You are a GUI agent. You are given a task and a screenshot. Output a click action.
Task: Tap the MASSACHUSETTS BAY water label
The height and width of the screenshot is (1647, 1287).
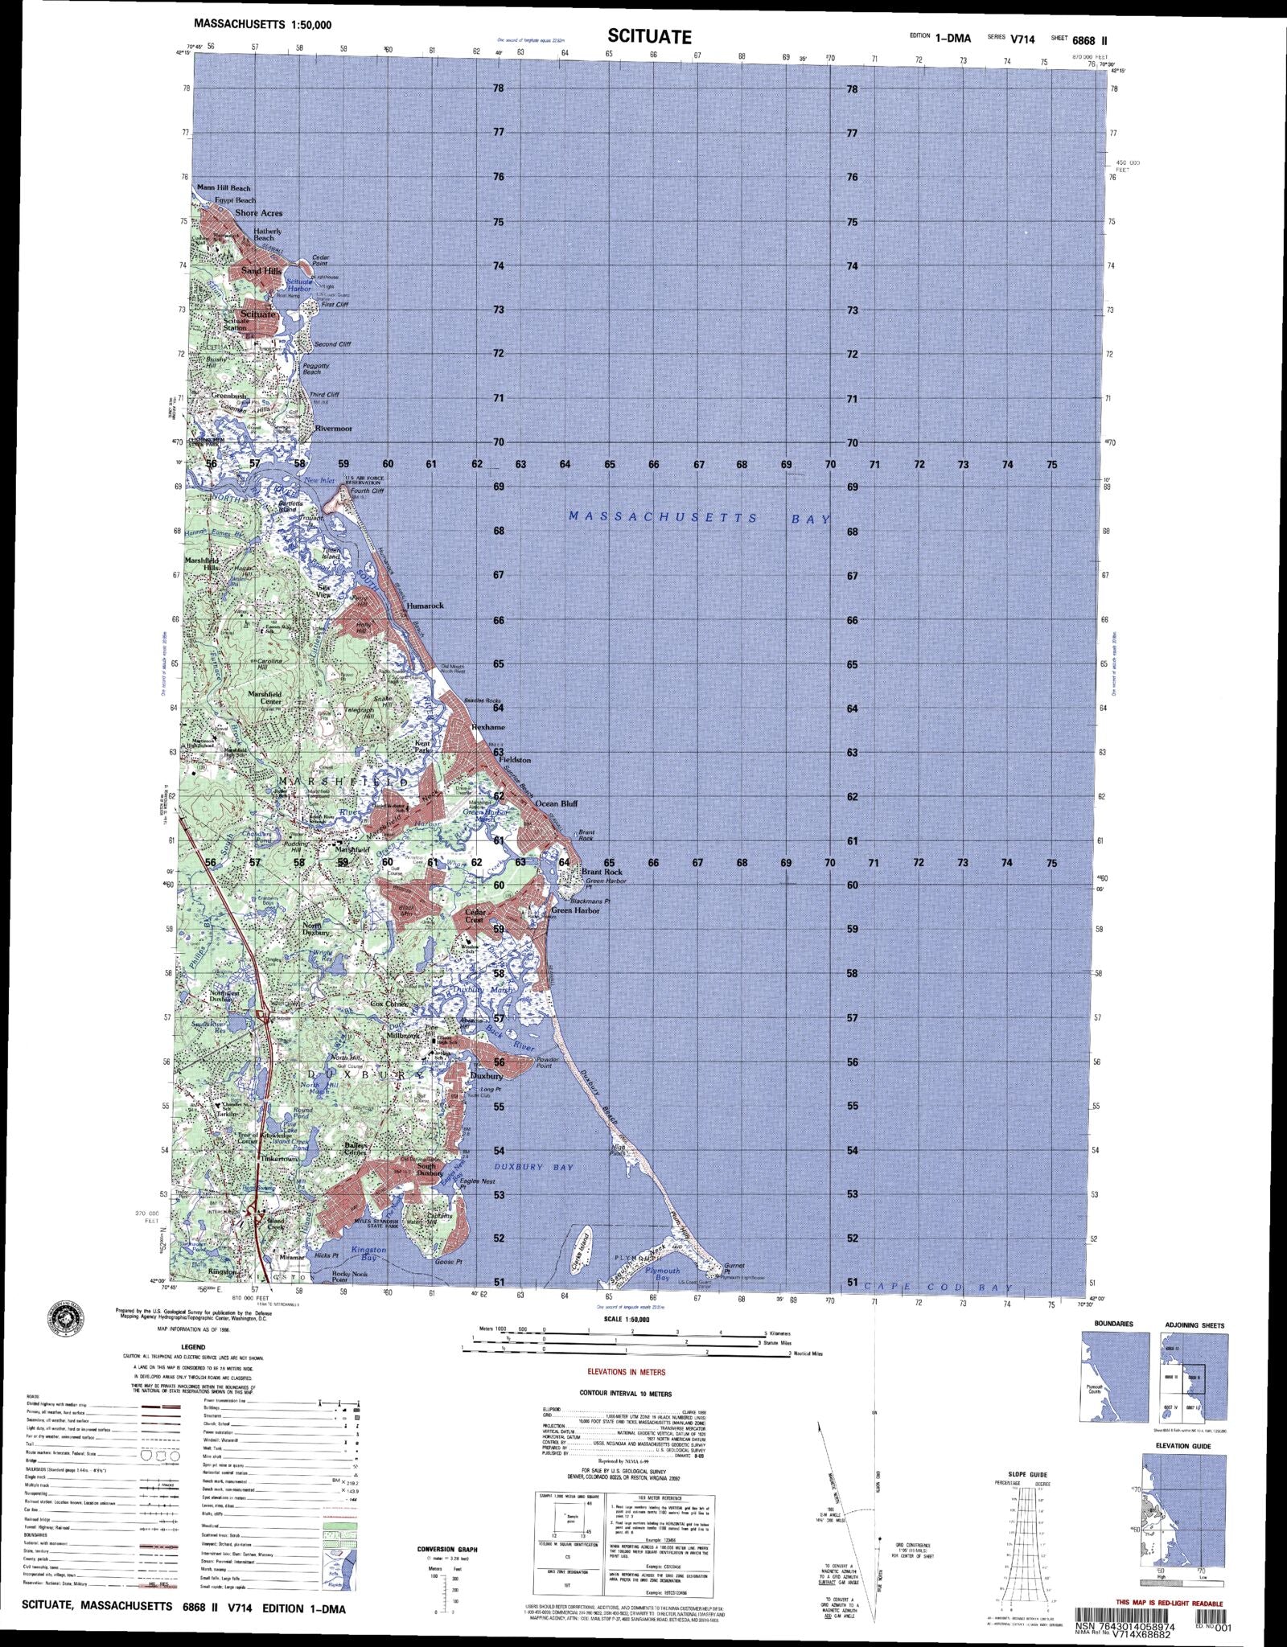tap(699, 518)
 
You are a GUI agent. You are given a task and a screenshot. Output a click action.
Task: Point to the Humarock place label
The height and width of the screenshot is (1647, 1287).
tap(425, 606)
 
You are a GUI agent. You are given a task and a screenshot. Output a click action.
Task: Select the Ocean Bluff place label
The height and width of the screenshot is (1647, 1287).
tap(557, 803)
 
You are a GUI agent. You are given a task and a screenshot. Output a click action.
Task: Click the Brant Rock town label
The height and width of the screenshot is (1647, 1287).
tap(602, 872)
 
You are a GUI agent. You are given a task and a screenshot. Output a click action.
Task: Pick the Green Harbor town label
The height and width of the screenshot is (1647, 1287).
tap(576, 910)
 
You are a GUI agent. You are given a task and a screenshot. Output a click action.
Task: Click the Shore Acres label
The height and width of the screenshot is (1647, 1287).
tap(258, 213)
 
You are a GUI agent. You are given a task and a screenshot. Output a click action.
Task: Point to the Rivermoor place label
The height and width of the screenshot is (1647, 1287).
tap(333, 429)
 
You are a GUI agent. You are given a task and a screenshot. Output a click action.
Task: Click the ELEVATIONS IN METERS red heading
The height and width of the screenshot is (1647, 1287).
tap(627, 1372)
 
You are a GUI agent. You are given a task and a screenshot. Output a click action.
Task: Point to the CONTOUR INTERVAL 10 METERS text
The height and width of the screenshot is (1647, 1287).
tap(625, 1393)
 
